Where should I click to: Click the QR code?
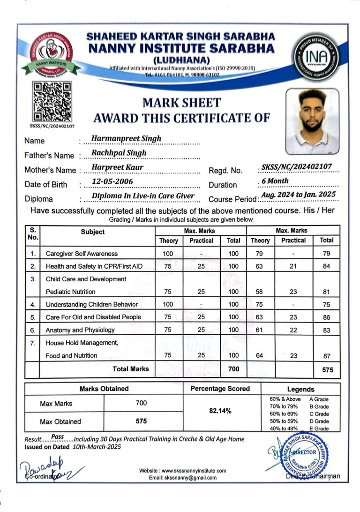pos(52,101)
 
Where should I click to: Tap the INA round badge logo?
pos(317,55)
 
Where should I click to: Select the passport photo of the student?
pos(312,121)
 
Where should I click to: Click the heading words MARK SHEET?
pos(181,102)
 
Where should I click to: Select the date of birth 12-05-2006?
pos(112,181)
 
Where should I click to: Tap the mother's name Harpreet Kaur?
pos(118,167)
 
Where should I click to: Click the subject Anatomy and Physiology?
pos(80,330)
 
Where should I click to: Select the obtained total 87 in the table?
pos(327,356)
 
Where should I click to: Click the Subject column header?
pos(93,232)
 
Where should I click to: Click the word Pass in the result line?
pos(58,437)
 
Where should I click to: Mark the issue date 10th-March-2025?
pos(97,447)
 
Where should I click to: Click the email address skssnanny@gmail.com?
pos(183,478)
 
